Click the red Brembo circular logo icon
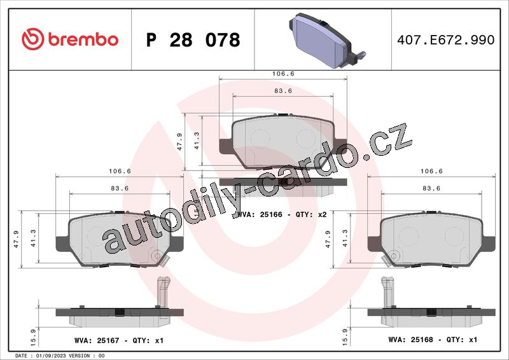coord(33,39)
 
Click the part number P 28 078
coord(193,40)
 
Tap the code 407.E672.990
coord(446,39)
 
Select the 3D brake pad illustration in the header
coord(326,40)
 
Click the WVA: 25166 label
coord(260,214)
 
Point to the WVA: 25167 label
coord(97,340)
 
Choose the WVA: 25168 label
coord(410,340)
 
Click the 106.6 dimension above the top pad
coord(283,74)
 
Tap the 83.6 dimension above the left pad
coord(120,188)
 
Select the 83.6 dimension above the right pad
coord(431,188)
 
